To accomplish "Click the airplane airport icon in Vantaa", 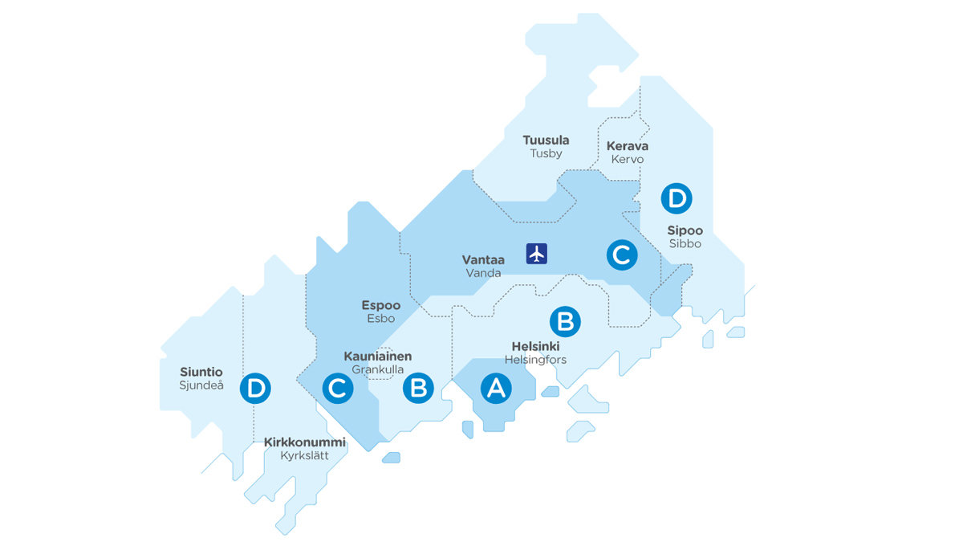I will (537, 253).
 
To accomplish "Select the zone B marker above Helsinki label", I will (564, 321).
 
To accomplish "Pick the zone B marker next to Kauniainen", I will (418, 388).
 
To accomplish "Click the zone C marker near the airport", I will (620, 255).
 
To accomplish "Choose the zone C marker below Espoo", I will (338, 388).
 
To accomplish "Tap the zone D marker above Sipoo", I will (675, 198).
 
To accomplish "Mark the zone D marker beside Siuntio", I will (256, 388).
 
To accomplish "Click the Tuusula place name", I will (546, 141).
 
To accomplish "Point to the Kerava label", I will (628, 146).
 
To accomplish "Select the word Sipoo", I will (685, 230).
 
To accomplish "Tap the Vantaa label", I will (483, 259).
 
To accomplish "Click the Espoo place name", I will (380, 305).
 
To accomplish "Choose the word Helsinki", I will (535, 346).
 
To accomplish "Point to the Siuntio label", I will (201, 372).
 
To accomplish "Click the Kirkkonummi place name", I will (304, 442).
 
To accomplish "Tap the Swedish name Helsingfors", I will (535, 360).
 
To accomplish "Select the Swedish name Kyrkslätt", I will (304, 456).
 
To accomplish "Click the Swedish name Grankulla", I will (377, 369).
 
